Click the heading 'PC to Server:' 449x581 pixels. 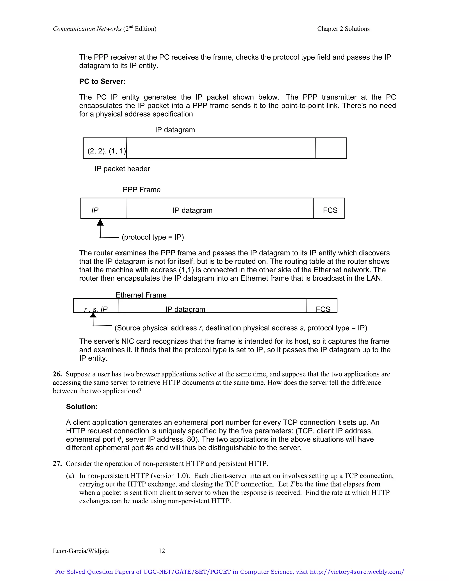point(102,81)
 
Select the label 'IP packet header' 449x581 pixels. point(122,169)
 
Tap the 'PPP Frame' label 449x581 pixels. point(141,190)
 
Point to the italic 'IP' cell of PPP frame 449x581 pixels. point(95,210)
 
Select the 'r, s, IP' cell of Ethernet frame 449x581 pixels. point(96,309)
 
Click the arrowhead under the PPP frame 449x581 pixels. point(100,222)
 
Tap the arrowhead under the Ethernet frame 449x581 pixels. point(93,315)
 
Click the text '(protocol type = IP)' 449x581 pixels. point(153,237)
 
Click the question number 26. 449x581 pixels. point(57,374)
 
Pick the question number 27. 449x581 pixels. point(57,463)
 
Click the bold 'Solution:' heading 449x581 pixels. point(82,406)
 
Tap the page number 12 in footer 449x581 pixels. point(162,551)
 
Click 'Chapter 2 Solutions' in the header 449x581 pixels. point(343,29)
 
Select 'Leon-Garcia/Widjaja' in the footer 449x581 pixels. point(81,551)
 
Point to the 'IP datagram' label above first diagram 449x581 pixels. point(175,130)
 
